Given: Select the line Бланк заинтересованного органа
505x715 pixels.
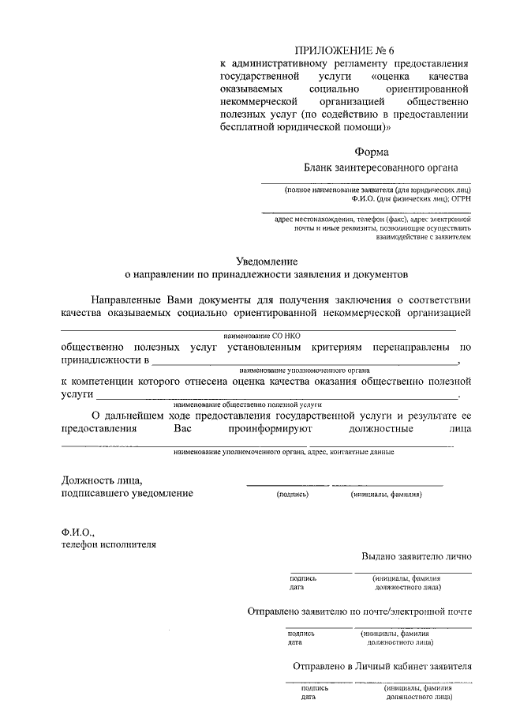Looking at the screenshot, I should coord(380,167).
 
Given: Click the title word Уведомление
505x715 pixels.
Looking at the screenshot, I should coord(268,261).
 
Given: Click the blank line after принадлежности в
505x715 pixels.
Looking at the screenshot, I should coord(304,361).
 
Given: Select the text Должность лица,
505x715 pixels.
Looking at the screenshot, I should coord(102,480).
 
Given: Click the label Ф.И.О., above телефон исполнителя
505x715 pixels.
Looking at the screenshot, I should coord(77,531).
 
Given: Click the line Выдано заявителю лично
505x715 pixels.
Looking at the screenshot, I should coord(417,555).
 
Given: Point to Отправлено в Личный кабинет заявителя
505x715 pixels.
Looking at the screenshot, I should coord(382,665).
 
